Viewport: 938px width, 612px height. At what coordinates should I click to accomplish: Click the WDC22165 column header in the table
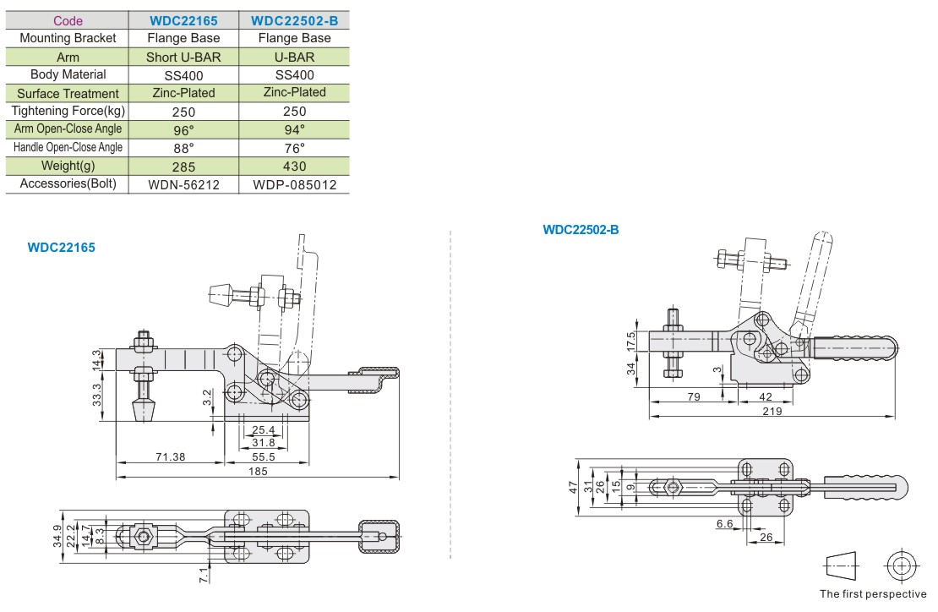[x=183, y=21]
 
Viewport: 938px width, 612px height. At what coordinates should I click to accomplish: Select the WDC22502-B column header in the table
[x=294, y=21]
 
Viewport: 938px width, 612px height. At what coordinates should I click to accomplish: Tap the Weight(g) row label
[x=68, y=166]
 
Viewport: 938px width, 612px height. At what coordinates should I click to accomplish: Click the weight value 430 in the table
[x=294, y=167]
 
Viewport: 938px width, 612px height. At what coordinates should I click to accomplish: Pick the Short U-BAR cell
[x=183, y=57]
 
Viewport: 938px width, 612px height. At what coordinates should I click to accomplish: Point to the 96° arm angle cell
[x=183, y=130]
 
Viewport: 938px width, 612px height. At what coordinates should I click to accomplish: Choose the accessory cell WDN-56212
[x=183, y=185]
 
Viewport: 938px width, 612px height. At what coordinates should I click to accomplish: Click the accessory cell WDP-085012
[x=294, y=185]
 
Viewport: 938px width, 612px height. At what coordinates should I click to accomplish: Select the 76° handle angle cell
[x=294, y=149]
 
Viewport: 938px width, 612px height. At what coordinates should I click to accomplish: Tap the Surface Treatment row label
[x=68, y=93]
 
